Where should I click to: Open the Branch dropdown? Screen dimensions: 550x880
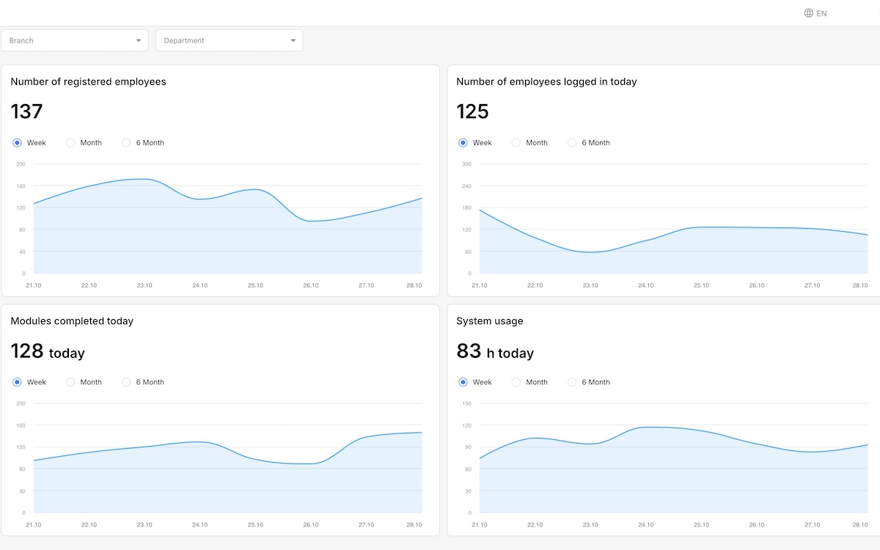tap(75, 40)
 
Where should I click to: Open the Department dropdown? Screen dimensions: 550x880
tap(229, 40)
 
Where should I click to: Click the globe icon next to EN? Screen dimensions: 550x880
tap(808, 13)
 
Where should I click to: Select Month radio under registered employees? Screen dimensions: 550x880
tap(71, 143)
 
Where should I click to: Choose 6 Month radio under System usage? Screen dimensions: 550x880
tap(573, 382)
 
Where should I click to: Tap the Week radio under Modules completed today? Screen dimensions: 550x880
tap(18, 382)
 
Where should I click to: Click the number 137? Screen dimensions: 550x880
tap(27, 111)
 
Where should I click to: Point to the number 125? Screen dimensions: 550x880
tap(472, 111)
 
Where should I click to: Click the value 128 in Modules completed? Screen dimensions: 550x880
tap(27, 351)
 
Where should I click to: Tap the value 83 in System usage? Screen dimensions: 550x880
tap(469, 351)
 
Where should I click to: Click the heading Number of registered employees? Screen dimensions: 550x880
tap(88, 81)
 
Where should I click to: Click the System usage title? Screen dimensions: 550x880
tap(489, 321)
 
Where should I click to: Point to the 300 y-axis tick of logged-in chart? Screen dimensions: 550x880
tap(466, 164)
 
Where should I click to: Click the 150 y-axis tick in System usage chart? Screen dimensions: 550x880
tap(466, 403)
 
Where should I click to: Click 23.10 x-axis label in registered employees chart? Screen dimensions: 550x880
tap(144, 285)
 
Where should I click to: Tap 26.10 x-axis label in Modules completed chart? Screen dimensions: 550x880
tap(311, 524)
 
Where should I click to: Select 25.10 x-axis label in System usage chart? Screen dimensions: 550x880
tap(701, 524)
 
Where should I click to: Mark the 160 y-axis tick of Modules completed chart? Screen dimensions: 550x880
tap(21, 425)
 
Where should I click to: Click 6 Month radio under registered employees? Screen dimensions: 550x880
tap(127, 143)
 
